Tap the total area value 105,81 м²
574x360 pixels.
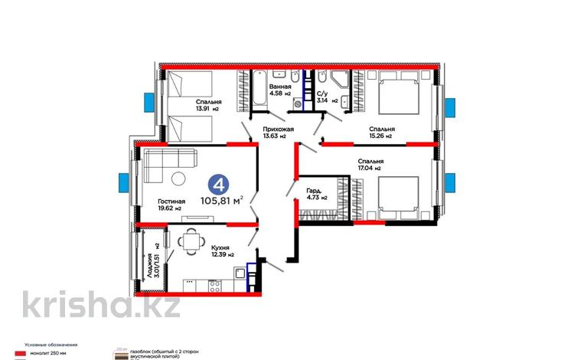(x=221, y=201)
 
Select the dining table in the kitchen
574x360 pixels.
(x=189, y=243)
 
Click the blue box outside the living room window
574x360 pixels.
(x=124, y=183)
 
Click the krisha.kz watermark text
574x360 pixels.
(x=100, y=304)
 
